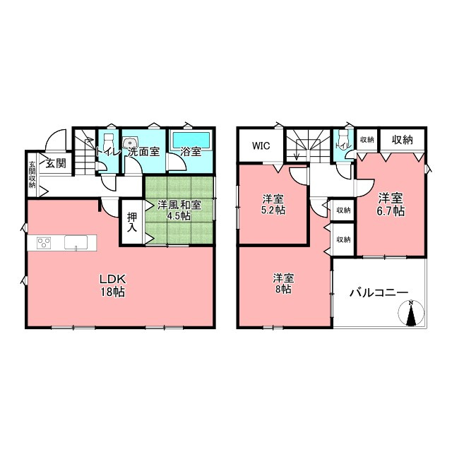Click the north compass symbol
click(411, 313)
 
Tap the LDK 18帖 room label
click(112, 285)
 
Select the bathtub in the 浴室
click(191, 140)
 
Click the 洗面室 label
click(144, 152)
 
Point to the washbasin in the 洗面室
click(129, 143)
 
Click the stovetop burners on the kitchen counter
click(44, 242)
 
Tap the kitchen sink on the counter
click(76, 242)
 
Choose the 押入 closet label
click(132, 222)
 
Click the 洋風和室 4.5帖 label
click(179, 210)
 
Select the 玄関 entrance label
click(56, 163)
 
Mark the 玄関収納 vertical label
click(32, 174)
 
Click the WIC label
click(261, 146)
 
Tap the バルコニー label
click(379, 293)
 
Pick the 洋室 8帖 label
click(284, 284)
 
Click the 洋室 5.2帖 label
click(273, 204)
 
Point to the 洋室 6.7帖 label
click(391, 204)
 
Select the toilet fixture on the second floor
click(343, 138)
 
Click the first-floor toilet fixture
click(108, 141)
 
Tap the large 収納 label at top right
click(402, 140)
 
